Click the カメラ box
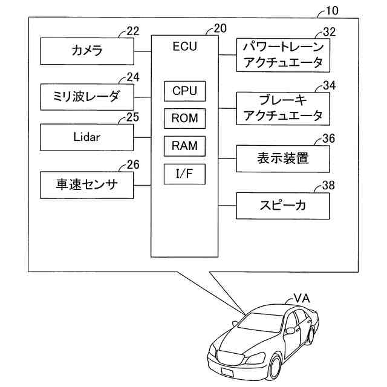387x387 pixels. pos(87,51)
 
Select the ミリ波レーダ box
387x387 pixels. pos(87,97)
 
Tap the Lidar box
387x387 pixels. pos(87,137)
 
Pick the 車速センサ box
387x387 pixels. pos(87,185)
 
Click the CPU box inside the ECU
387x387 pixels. pos(184,91)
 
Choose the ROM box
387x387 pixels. pos(184,119)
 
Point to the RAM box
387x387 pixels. pos(184,146)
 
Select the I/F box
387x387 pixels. pos(184,174)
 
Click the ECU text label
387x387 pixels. pos(184,47)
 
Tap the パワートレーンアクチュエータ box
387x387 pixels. pos(283,55)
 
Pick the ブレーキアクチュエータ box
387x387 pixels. pos(283,109)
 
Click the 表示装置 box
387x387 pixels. pos(283,158)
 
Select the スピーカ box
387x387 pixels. pos(283,206)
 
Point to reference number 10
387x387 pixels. pos(332,11)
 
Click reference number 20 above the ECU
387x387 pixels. pos(220,28)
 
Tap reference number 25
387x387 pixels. pos(133,117)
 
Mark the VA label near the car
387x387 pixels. pos(302,299)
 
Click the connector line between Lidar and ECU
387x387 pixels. pos(143,137)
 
